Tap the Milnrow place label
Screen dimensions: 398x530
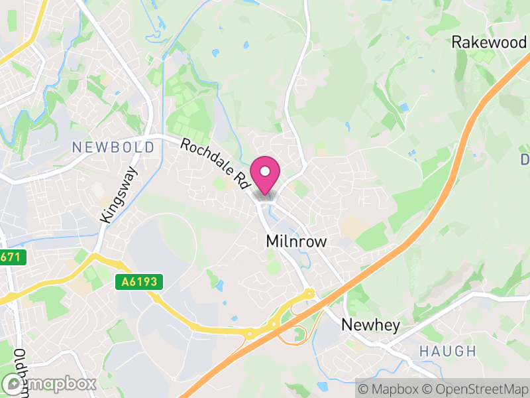[295, 241]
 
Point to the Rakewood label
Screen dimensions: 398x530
[488, 42]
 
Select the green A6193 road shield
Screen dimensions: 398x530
[139, 283]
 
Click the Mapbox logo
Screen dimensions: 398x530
[49, 383]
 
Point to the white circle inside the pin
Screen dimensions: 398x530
[265, 172]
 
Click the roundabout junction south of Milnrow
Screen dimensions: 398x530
[309, 293]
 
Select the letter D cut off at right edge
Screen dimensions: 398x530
[525, 160]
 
